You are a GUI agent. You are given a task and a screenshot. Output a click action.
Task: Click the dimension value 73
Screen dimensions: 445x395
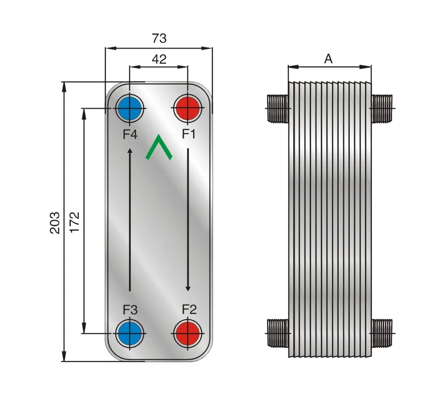point(159,38)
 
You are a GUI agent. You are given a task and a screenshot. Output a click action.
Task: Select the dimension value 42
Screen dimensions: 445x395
point(159,59)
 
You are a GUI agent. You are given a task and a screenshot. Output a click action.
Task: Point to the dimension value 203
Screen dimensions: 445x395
point(55,223)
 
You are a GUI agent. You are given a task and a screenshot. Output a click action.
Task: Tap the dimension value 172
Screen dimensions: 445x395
point(75,222)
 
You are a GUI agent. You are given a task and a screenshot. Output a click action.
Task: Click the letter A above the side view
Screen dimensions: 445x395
point(328,59)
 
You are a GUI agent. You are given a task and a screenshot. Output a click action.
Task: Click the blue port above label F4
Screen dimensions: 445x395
point(129,108)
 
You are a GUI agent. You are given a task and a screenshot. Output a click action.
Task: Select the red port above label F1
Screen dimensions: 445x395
point(188,108)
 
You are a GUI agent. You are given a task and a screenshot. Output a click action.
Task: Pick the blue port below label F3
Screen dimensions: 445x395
point(129,333)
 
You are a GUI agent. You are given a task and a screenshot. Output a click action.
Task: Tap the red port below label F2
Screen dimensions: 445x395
point(188,333)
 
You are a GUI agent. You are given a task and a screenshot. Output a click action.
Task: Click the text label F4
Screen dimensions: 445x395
point(130,134)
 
